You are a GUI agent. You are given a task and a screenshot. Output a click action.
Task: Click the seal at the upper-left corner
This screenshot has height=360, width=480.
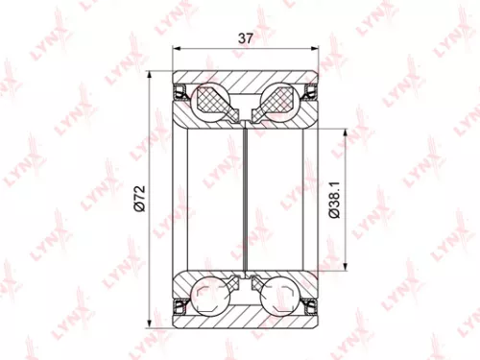[x=179, y=93]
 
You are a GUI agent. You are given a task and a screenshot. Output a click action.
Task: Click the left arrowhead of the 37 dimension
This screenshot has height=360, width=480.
[x=176, y=50]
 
